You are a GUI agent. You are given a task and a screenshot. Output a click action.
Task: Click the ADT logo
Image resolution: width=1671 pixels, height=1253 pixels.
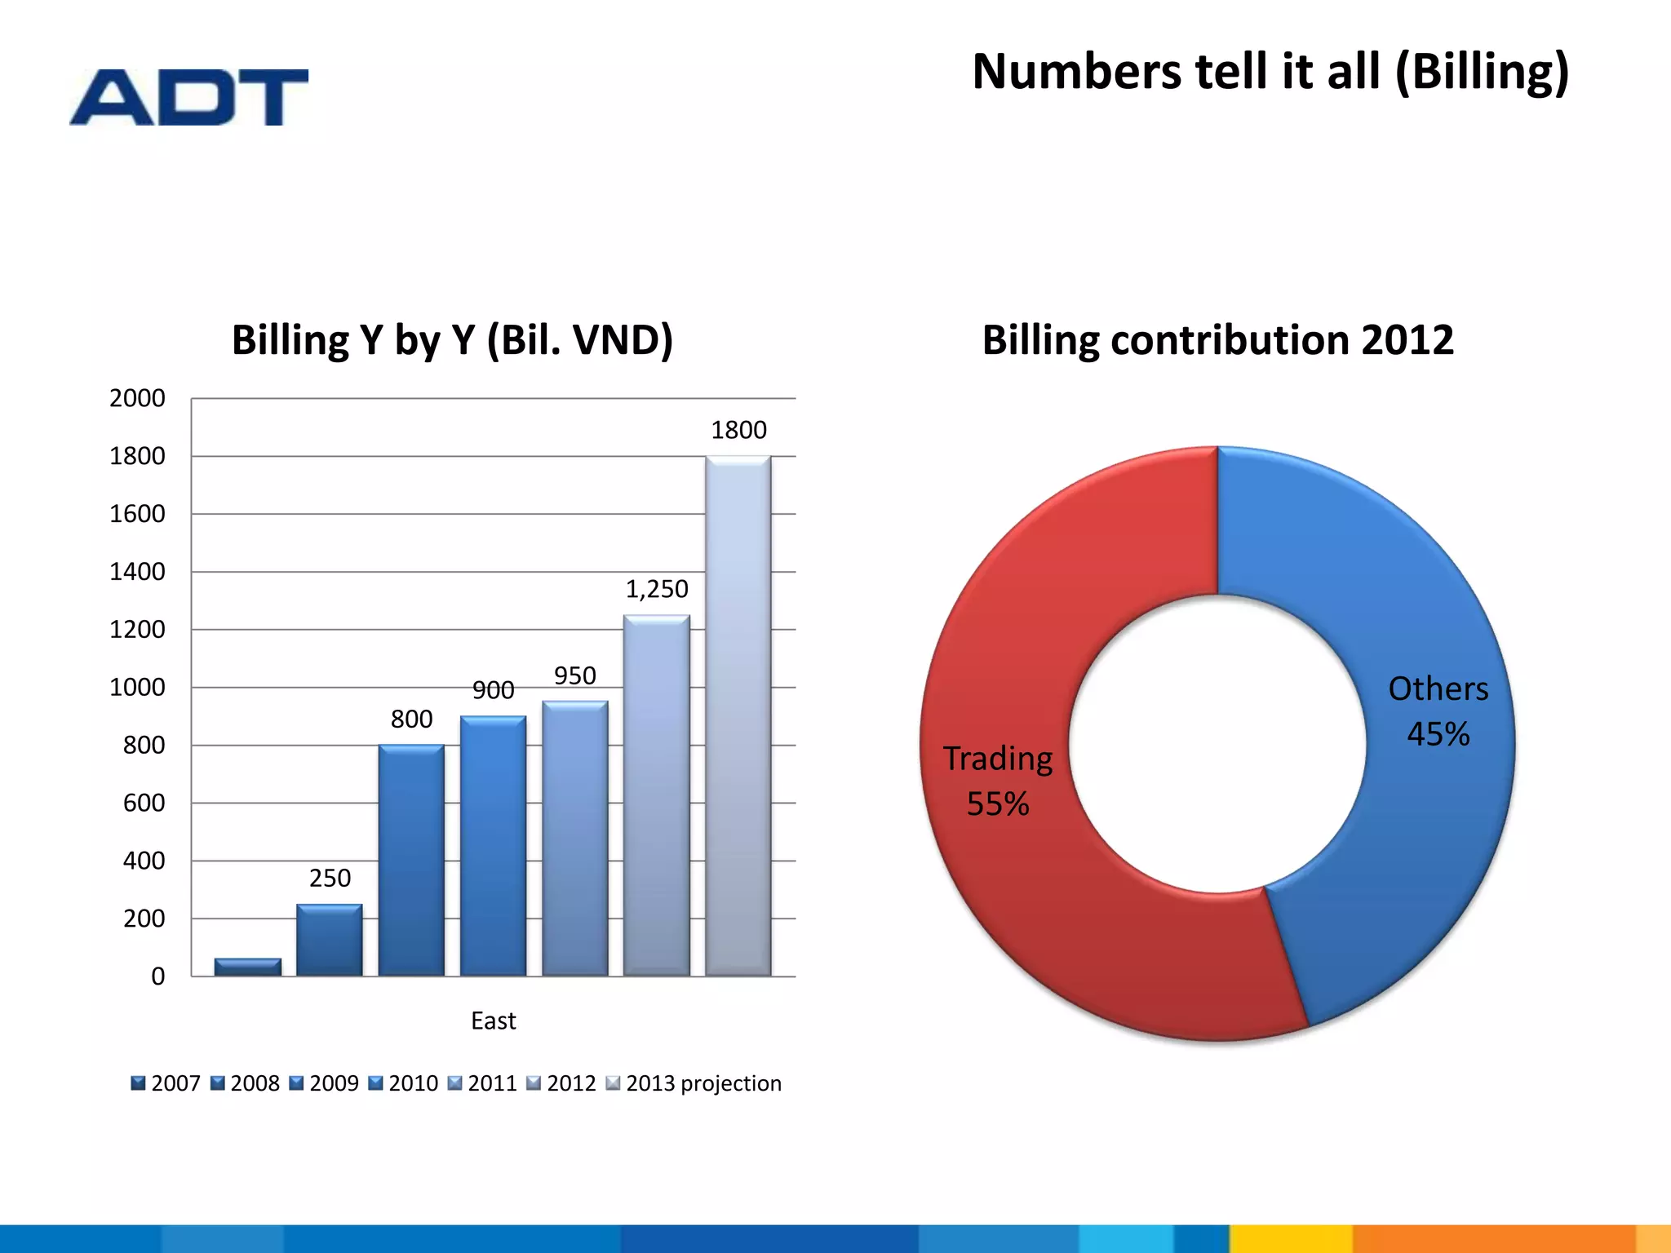[x=188, y=97]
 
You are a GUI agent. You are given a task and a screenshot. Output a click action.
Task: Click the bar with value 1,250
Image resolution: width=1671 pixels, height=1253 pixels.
[x=656, y=795]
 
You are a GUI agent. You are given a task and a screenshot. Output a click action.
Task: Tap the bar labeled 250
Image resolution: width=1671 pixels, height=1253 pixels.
[x=329, y=940]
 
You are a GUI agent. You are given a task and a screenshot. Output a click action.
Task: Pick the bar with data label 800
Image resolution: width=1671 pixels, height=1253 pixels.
[x=410, y=860]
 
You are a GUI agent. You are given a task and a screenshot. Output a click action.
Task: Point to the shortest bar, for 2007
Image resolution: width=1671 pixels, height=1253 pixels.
[x=247, y=967]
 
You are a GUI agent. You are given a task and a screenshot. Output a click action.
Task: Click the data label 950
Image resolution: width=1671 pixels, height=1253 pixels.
[x=574, y=675]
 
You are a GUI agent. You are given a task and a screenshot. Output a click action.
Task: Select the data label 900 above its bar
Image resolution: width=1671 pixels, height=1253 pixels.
[x=493, y=690]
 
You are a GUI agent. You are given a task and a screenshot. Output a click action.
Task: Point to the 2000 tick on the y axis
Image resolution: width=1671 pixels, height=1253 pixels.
[x=137, y=398]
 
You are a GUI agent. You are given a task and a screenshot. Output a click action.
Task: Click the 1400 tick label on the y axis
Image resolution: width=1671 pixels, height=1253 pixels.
[x=137, y=572]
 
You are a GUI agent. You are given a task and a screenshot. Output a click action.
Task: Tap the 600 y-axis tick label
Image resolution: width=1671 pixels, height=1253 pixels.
[x=144, y=803]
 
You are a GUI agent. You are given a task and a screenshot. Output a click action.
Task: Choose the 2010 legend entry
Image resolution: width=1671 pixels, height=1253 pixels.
[x=404, y=1083]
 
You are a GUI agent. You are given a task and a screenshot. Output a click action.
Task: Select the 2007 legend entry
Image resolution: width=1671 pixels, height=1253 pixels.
[x=166, y=1083]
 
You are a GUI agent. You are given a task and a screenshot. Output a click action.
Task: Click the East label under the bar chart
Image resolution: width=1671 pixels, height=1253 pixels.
[x=493, y=1021]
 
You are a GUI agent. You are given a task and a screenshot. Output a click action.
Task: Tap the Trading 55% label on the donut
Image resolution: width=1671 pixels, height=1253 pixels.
[x=998, y=781]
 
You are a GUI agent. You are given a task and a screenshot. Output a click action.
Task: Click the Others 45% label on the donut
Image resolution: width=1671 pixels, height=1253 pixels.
[x=1438, y=711]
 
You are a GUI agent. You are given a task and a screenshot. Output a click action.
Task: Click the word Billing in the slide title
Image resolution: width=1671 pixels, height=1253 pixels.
[x=1481, y=72]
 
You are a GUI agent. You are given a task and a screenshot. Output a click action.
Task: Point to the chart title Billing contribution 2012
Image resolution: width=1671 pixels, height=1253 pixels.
[x=1217, y=340]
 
